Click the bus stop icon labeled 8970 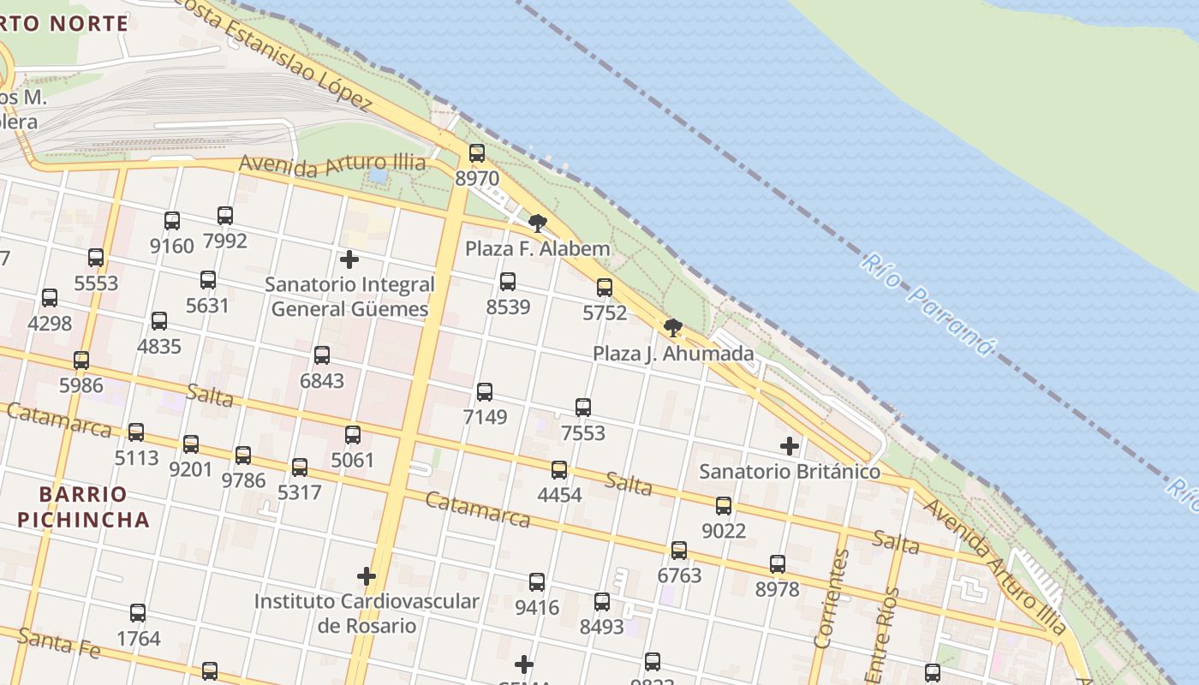[477, 153]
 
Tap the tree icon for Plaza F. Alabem [538, 223]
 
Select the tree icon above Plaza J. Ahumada [673, 327]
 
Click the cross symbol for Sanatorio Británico [790, 446]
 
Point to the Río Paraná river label [930, 304]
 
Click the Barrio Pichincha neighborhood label [83, 507]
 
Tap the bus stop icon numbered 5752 [605, 288]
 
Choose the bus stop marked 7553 [583, 408]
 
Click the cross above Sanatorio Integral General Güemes [349, 259]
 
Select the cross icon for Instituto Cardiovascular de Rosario [367, 576]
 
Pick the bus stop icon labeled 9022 [724, 506]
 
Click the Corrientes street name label [831, 599]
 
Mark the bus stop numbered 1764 [138, 613]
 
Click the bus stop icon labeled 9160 [172, 221]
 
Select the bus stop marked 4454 [559, 469]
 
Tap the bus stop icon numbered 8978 [778, 564]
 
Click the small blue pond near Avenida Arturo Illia [378, 176]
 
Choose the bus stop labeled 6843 [322, 355]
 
